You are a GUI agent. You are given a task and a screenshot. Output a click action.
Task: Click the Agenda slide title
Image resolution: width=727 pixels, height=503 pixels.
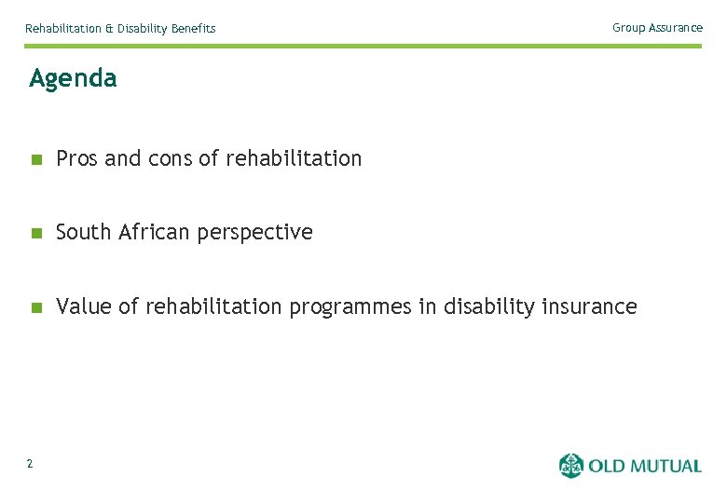(73, 79)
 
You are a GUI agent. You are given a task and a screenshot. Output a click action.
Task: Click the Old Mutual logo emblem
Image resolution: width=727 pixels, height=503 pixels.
(570, 465)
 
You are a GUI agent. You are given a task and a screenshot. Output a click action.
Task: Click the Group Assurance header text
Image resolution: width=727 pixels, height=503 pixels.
(657, 28)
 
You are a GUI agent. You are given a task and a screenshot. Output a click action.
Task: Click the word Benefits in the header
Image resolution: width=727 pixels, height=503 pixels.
(193, 29)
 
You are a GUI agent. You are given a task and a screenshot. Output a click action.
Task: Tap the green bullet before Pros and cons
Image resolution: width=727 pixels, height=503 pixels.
(35, 159)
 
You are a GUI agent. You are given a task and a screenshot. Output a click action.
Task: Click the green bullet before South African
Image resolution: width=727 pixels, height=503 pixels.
(35, 233)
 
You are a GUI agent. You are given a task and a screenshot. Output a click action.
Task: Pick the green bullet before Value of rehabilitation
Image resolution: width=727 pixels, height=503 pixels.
(35, 307)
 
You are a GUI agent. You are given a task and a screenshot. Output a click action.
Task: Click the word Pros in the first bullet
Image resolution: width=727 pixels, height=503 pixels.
(77, 159)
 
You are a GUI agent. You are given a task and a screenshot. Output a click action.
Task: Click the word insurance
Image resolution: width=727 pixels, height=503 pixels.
(590, 306)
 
